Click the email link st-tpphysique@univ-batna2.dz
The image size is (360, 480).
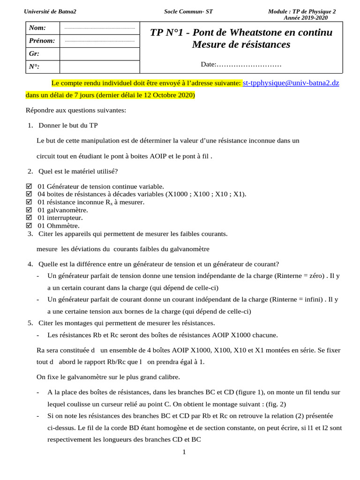point(291,83)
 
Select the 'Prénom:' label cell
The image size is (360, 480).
point(42,41)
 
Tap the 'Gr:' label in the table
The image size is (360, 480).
point(34,54)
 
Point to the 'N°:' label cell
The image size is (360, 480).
point(34,67)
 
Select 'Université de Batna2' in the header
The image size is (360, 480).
point(51,11)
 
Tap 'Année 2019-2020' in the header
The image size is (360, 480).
point(306,18)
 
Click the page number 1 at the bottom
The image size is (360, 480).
point(184,452)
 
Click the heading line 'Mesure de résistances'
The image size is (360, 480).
point(241,45)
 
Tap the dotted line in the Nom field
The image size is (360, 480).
point(99,29)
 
